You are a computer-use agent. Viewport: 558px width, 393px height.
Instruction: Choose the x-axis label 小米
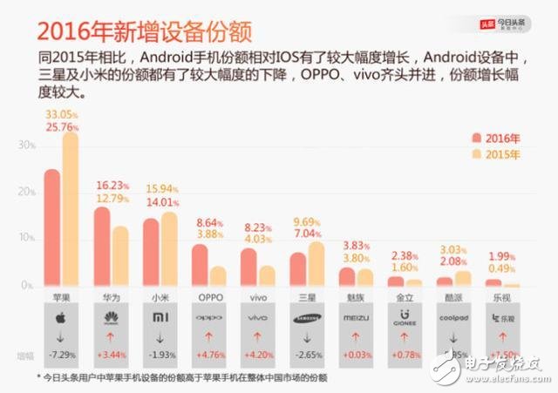(x=160, y=297)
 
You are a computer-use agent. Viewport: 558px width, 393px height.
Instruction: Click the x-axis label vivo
(x=258, y=297)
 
